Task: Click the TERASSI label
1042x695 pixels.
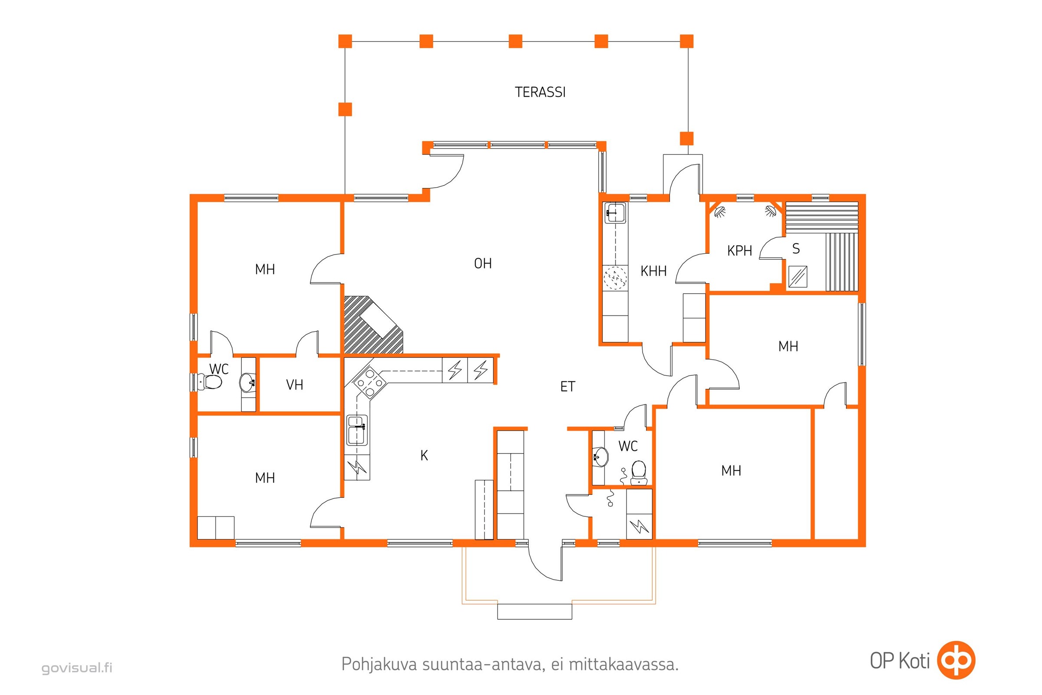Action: [x=540, y=92]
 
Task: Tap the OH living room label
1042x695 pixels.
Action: [x=483, y=264]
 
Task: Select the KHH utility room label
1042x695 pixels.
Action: [x=653, y=271]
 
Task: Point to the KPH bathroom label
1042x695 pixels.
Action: [x=739, y=251]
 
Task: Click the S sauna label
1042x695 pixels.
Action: [x=796, y=248]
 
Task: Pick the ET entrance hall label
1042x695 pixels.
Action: [x=567, y=387]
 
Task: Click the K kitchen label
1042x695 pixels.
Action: [x=424, y=455]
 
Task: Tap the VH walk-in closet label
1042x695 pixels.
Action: [x=295, y=385]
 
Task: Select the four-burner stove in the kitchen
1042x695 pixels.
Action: [x=369, y=381]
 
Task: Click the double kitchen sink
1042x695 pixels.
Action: [x=356, y=430]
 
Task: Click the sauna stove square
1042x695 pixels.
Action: [x=798, y=277]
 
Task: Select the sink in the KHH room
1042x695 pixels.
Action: [x=615, y=213]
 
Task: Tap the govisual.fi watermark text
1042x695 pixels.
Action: [x=77, y=668]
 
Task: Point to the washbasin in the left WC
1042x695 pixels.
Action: [x=247, y=382]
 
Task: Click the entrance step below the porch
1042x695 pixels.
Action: [x=534, y=611]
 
